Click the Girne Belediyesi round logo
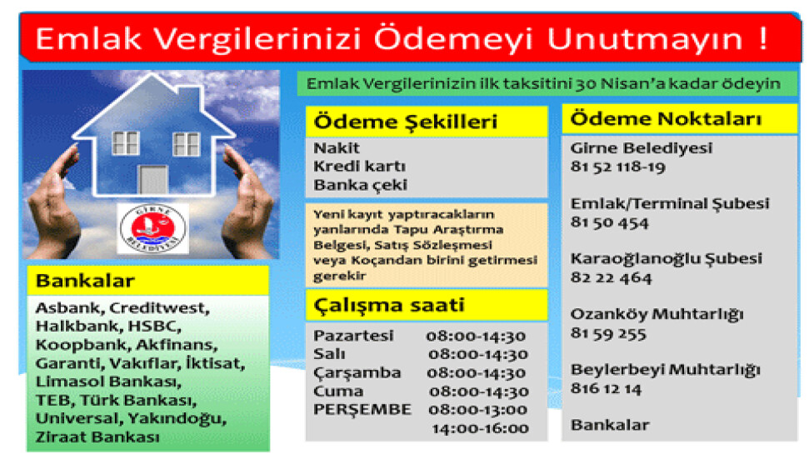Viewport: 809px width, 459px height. [x=153, y=228]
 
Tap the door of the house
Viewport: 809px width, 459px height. [x=154, y=180]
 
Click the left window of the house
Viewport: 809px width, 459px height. [x=125, y=143]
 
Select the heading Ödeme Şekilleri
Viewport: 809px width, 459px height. [x=406, y=122]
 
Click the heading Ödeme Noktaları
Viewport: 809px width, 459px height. [x=666, y=118]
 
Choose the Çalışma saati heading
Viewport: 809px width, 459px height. [x=390, y=306]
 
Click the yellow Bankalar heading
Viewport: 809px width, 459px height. [x=85, y=281]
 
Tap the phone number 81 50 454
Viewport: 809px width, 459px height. [x=609, y=222]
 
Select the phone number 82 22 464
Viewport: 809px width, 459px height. [x=611, y=278]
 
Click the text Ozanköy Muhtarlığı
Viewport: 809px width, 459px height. [x=657, y=314]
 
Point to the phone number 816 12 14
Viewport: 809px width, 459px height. [x=606, y=388]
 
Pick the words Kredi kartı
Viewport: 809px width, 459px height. [x=360, y=167]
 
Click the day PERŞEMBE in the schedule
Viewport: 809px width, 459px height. [x=362, y=410]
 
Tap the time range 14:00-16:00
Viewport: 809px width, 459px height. [x=480, y=428]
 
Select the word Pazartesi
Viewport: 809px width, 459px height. [x=353, y=336]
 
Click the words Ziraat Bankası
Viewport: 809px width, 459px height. [x=97, y=437]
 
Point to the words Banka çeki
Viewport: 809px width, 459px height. [x=360, y=185]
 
